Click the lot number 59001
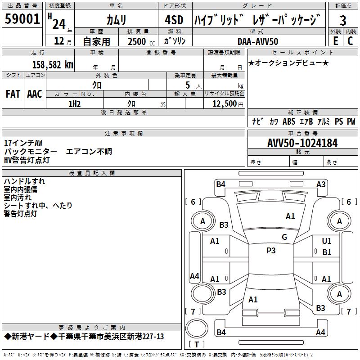[x=22, y=20]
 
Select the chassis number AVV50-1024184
[x=302, y=143]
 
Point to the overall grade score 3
[x=343, y=20]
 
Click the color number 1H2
[x=74, y=103]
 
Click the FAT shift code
[x=13, y=94]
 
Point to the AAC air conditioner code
[x=35, y=94]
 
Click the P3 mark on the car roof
[x=271, y=251]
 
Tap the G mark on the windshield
[x=284, y=237]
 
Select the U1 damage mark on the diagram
[x=327, y=241]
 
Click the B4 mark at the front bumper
[x=220, y=184]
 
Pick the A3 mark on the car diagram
[x=321, y=184]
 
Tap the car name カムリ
[x=116, y=20]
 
